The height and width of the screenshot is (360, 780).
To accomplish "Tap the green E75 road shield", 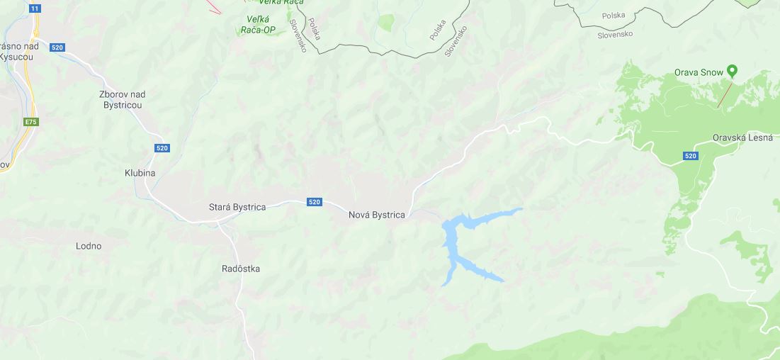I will click(30, 122).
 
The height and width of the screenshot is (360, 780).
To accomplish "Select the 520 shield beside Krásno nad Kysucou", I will click(58, 47).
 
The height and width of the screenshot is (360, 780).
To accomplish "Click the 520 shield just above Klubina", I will click(162, 147).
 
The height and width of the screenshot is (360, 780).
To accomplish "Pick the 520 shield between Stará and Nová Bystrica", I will click(315, 202).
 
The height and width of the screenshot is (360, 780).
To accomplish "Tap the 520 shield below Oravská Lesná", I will click(691, 156).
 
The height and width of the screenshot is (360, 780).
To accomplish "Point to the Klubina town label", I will click(140, 173).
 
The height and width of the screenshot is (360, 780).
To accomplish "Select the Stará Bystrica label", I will click(237, 207).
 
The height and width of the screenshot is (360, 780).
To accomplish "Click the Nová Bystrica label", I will click(377, 215).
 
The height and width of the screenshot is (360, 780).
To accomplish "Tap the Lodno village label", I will click(89, 246).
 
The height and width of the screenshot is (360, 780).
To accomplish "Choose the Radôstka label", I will click(241, 269).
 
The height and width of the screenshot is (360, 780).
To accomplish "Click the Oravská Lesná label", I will click(742, 138).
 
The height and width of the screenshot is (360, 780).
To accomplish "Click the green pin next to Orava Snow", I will click(733, 70).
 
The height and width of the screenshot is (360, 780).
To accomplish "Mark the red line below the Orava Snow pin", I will click(724, 94).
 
